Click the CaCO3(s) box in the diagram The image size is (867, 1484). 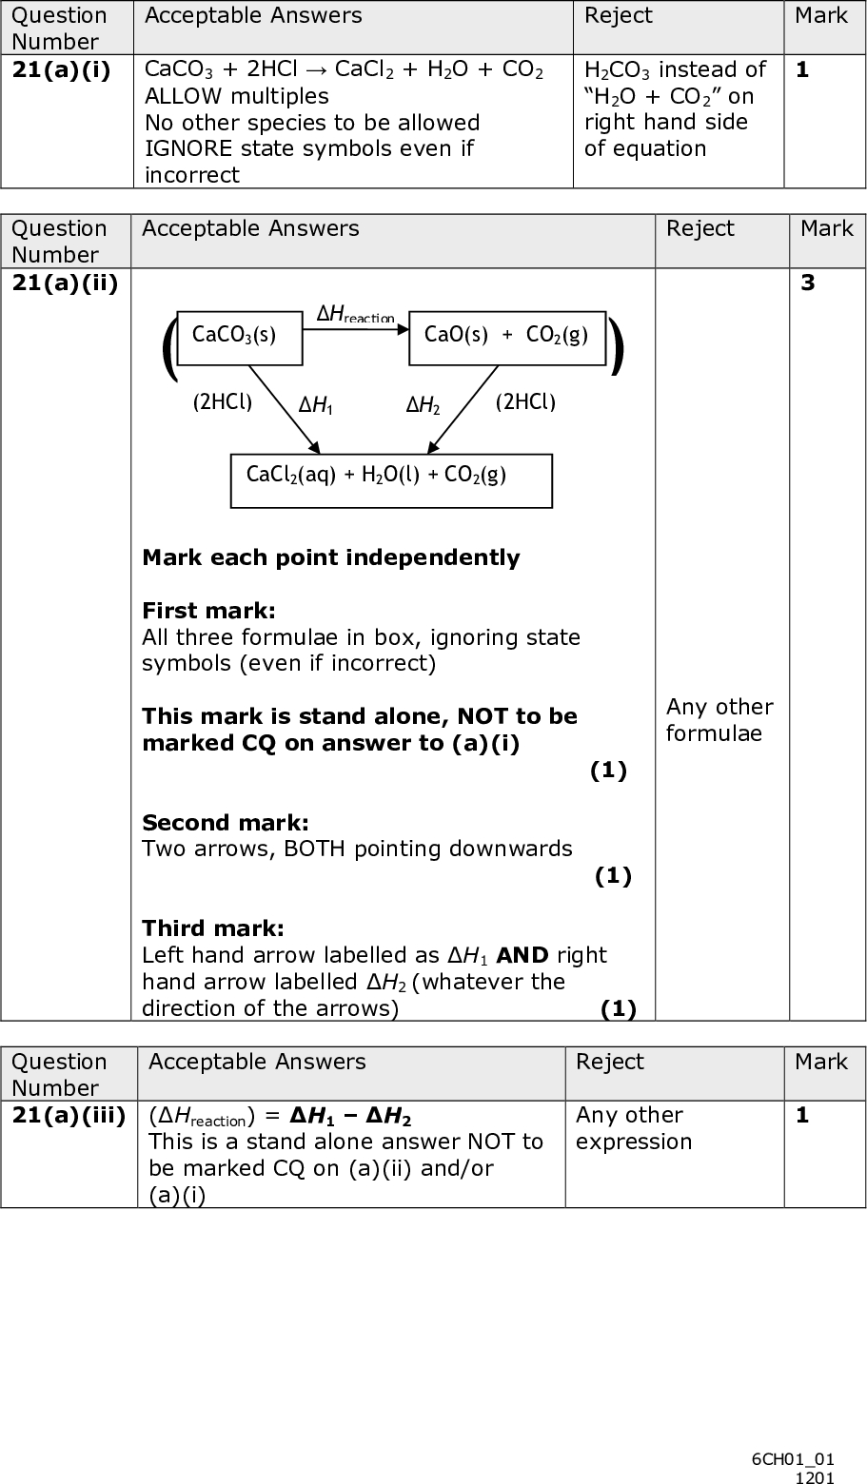coord(240,337)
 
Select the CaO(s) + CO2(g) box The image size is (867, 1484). coord(506,337)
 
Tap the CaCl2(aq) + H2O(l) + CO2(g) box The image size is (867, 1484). coord(391,479)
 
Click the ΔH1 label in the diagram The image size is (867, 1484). coord(316,405)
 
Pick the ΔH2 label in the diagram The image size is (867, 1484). coord(424,405)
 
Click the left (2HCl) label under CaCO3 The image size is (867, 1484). coord(223,401)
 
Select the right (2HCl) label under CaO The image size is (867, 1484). coord(525,401)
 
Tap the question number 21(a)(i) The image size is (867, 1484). coord(61,70)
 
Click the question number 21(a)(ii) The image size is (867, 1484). coord(65,283)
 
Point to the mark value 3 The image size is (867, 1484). coord(807,283)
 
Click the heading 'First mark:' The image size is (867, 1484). coord(208,610)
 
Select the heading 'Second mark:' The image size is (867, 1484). coord(225,822)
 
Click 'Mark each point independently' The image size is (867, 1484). coord(330,557)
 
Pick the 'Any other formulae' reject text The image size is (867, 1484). coord(719,719)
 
